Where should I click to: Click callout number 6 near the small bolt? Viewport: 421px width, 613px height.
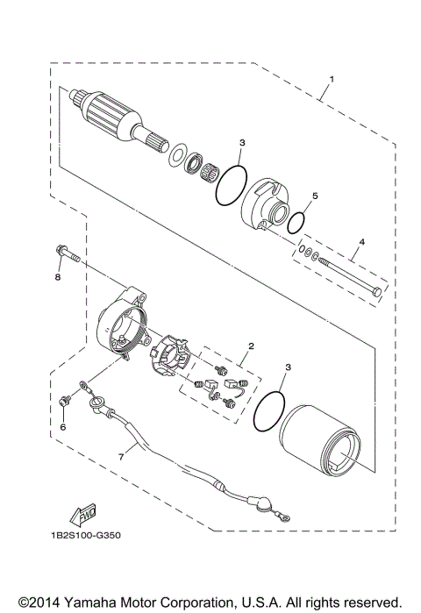pyautogui.click(x=62, y=427)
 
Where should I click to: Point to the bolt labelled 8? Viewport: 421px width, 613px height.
pyautogui.click(x=67, y=256)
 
